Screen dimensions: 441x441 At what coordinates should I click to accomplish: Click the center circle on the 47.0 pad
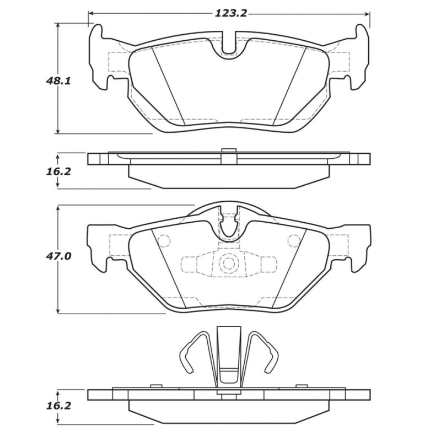(228, 263)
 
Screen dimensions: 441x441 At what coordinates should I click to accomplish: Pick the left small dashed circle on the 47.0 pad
(164, 241)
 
